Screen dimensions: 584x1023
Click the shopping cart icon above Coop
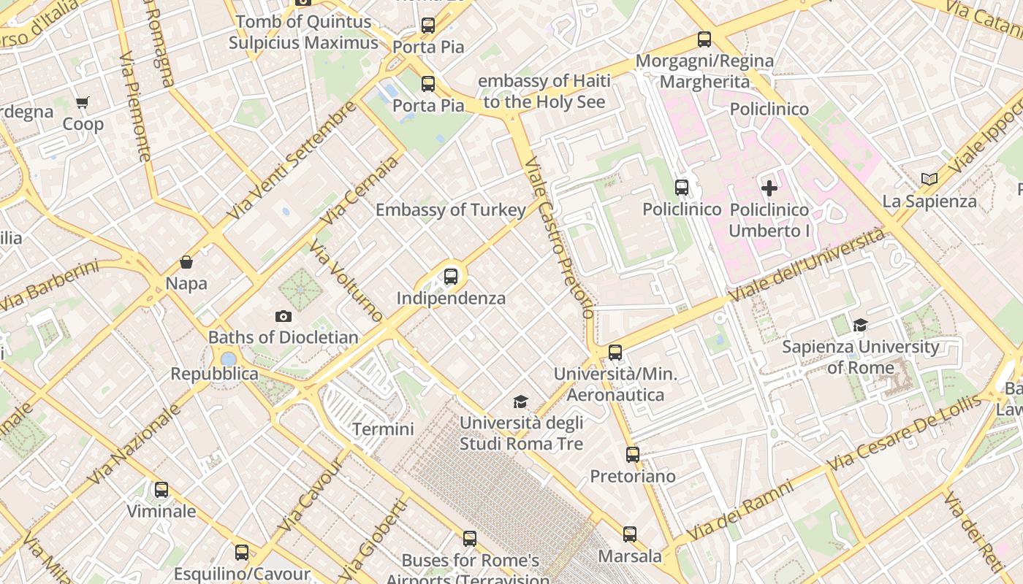83,103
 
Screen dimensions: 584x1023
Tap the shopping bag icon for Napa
186,262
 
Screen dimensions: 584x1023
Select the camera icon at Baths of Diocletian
284,316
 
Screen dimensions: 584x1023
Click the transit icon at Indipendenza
451,277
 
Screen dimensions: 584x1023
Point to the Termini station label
383,429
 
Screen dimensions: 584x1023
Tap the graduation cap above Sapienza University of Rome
860,325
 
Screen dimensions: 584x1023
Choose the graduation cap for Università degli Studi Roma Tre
520,401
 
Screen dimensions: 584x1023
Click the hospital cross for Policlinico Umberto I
769,188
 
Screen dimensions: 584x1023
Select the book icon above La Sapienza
929,180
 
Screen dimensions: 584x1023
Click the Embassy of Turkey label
450,210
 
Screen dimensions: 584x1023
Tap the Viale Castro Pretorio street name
559,237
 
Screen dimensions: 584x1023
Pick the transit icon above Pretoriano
633,455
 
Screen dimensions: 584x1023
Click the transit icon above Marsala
630,534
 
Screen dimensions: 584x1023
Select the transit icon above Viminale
161,490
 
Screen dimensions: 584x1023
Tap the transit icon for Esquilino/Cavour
242,553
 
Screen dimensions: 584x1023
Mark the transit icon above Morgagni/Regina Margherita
704,39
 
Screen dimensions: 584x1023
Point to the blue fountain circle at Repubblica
228,359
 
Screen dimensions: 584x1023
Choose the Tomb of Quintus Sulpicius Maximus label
303,32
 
